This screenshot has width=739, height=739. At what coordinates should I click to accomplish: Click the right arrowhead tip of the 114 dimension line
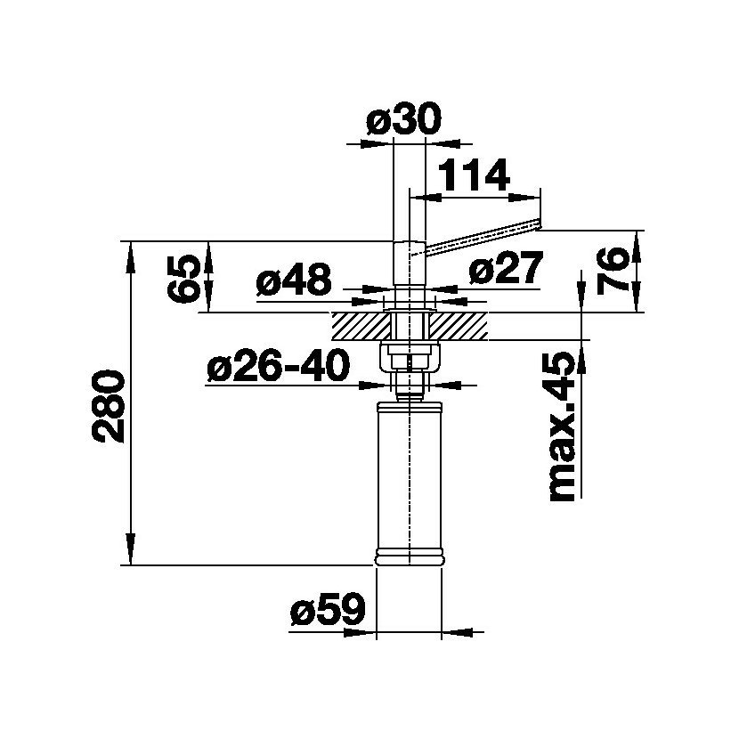pyautogui.click(x=540, y=197)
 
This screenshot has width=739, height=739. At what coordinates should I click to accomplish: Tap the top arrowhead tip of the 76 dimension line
pyautogui.click(x=637, y=231)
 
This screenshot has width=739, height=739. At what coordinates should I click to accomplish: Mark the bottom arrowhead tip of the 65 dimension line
pyautogui.click(x=209, y=312)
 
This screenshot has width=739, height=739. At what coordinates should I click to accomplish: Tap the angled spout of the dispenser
pyautogui.click(x=482, y=239)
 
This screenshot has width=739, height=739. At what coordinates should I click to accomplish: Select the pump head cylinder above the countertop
pyautogui.click(x=409, y=263)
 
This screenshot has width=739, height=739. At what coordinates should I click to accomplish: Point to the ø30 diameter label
pyautogui.click(x=404, y=118)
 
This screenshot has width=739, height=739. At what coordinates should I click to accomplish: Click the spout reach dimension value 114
pyautogui.click(x=475, y=175)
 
